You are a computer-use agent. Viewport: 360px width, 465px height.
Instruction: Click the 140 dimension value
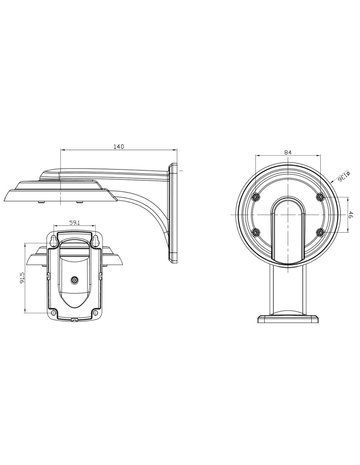119,146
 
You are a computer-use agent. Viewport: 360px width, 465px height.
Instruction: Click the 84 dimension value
288,152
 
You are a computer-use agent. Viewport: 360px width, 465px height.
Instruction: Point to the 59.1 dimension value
75,223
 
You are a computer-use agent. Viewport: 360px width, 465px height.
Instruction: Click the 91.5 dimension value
22,278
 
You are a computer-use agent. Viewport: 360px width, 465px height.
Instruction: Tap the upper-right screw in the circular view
320,197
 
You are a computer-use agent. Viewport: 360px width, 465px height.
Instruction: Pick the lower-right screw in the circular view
320,232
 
